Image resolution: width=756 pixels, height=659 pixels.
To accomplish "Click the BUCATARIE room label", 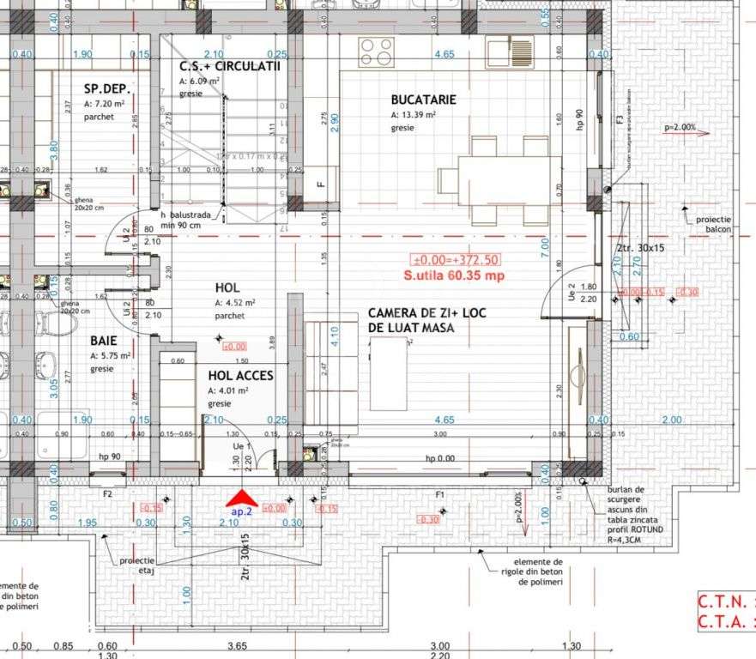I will click(x=423, y=100).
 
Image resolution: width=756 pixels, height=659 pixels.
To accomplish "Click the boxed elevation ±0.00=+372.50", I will click(x=456, y=260).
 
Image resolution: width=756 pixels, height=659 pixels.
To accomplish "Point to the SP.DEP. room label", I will click(x=101, y=88).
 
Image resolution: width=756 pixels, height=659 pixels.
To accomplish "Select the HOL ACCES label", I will click(x=240, y=375).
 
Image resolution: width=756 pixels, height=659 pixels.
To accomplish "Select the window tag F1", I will click(x=439, y=494).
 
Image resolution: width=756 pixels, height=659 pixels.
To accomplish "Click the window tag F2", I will click(x=107, y=494).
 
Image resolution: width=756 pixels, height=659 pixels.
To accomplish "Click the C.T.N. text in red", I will click(x=721, y=601).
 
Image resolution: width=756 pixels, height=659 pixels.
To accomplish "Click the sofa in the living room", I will click(x=319, y=373).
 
